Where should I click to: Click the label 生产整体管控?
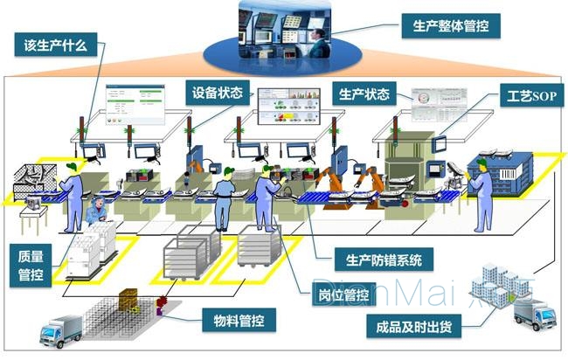[450, 25]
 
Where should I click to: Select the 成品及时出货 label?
[412, 329]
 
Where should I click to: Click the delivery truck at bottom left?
[60, 329]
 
